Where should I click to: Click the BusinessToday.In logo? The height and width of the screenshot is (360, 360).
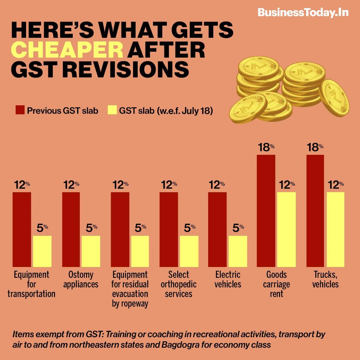pyautogui.click(x=303, y=13)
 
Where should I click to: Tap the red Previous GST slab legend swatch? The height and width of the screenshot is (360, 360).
pyautogui.click(x=20, y=110)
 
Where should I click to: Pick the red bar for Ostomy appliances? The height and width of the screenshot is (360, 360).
pyautogui.click(x=71, y=229)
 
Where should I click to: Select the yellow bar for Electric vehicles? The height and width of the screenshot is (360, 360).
pyautogui.click(x=238, y=251)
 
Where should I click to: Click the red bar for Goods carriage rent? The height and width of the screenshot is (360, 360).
pyautogui.click(x=266, y=211)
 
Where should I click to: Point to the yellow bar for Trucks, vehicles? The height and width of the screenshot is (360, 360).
pyautogui.click(x=335, y=229)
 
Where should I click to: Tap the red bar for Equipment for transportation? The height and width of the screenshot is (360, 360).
pyautogui.click(x=22, y=229)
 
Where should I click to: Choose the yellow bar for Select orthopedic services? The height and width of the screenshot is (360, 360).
pyautogui.click(x=189, y=251)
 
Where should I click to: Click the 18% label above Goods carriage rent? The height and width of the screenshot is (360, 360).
pyautogui.click(x=266, y=148)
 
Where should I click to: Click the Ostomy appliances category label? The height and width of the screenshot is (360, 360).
pyautogui.click(x=81, y=279)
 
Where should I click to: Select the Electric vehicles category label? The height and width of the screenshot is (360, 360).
pyautogui.click(x=228, y=279)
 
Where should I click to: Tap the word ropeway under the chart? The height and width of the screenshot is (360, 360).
pyautogui.click(x=130, y=303)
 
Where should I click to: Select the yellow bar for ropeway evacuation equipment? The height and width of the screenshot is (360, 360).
pyautogui.click(x=140, y=251)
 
